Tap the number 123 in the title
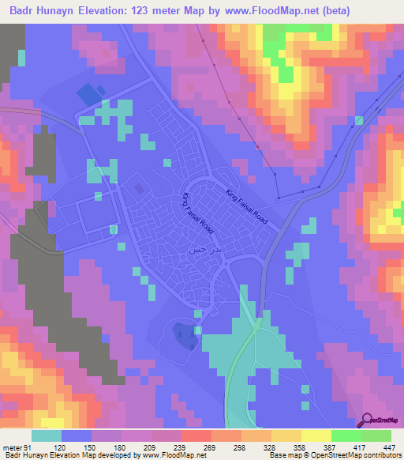[x=175, y=10]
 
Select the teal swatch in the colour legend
[x=47, y=436]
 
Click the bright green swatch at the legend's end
[x=376, y=436]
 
